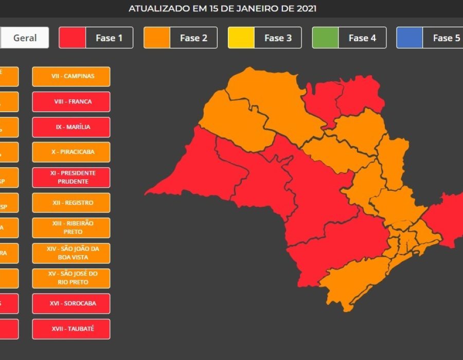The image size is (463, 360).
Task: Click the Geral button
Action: pos(25,38)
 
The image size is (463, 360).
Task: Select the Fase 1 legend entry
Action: pos(96,38)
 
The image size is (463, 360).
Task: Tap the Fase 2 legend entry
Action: pos(180,38)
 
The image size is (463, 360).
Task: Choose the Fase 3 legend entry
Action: pos(264,38)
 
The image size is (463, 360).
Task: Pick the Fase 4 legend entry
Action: pos(349,38)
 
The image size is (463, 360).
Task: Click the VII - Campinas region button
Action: pos(71,76)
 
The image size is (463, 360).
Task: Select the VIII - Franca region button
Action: pos(71,101)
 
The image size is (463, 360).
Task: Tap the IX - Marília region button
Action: pos(71,127)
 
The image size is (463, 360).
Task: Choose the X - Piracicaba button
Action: pos(71,152)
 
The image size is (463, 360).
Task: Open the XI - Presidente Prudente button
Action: pos(71,177)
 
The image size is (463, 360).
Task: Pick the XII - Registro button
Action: pos(71,203)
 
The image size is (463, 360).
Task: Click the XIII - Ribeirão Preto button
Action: pos(71,228)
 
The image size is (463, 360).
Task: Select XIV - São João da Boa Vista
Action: pos(71,253)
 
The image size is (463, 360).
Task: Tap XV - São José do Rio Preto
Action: pos(71,278)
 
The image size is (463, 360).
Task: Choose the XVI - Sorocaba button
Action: pos(71,303)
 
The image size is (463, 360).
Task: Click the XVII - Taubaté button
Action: pos(71,329)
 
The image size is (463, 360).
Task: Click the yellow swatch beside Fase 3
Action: pos(241,38)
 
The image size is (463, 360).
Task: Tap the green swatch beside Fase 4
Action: pos(326,38)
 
